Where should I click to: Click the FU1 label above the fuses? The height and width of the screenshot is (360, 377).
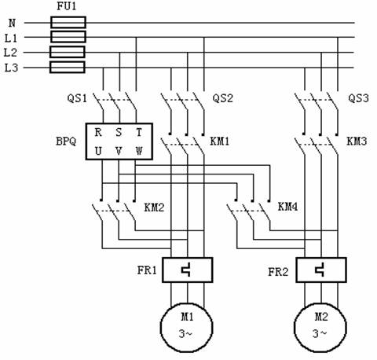tap(67, 6)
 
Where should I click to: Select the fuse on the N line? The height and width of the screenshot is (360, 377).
tap(68, 22)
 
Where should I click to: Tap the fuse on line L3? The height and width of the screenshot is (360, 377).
tap(68, 68)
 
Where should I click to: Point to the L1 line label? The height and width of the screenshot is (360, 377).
tap(11, 39)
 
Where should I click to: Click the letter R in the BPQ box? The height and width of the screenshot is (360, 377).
tap(98, 132)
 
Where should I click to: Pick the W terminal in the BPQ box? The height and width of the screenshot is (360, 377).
tap(139, 151)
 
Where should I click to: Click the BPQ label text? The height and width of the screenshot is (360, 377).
tap(66, 141)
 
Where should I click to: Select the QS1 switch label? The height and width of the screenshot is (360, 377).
tap(77, 98)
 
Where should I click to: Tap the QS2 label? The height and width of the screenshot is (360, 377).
tap(222, 98)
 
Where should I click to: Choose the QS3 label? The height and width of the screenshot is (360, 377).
tap(358, 98)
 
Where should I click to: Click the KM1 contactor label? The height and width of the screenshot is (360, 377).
tap(220, 141)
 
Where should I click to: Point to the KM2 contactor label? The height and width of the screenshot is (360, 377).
tap(154, 208)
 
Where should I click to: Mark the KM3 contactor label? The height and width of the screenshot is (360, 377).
tap(357, 141)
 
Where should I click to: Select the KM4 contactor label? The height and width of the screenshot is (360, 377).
tap(287, 207)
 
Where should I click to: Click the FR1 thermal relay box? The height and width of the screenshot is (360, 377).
tap(188, 270)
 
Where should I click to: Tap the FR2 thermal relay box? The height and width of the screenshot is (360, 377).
tap(321, 270)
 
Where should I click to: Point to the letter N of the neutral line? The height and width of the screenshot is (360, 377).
tap(12, 24)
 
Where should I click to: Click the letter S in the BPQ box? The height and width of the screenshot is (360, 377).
tap(119, 132)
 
